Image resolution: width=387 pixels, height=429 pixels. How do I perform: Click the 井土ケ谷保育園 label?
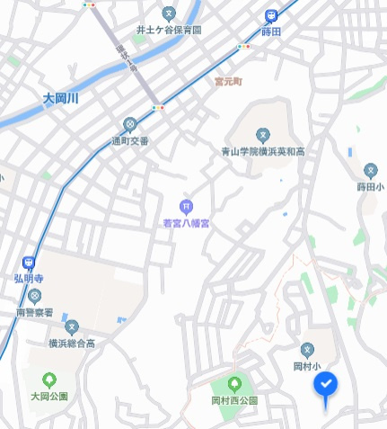click(169, 30)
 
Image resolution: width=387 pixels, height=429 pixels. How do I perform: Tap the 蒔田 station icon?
click(271, 15)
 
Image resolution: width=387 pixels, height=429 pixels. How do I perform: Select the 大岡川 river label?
click(61, 98)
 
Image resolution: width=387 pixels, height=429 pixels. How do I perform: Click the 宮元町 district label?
click(228, 81)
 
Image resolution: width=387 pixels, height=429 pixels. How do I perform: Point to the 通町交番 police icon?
click(130, 124)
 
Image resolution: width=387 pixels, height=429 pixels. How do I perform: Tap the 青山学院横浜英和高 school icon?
click(262, 135)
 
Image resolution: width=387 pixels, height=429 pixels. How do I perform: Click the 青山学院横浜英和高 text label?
click(262, 152)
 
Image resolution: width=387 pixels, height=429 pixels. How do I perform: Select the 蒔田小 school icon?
click(370, 170)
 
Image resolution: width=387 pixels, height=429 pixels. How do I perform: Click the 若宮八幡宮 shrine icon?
click(186, 206)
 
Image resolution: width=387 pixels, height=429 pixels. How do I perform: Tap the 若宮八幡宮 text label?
click(186, 222)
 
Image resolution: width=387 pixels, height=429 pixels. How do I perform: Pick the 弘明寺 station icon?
click(30, 264)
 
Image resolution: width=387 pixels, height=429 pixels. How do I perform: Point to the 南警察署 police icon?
click(35, 296)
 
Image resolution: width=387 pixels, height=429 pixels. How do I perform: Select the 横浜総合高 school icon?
click(72, 327)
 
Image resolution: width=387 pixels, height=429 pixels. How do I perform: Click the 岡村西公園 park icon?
click(234, 384)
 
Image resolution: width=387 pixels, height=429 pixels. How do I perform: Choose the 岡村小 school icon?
click(307, 349)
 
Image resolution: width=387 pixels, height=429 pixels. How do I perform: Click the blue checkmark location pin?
click(326, 386)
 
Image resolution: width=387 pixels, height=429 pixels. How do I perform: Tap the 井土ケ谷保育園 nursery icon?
click(169, 13)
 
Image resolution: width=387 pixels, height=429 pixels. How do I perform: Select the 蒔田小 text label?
click(370, 187)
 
